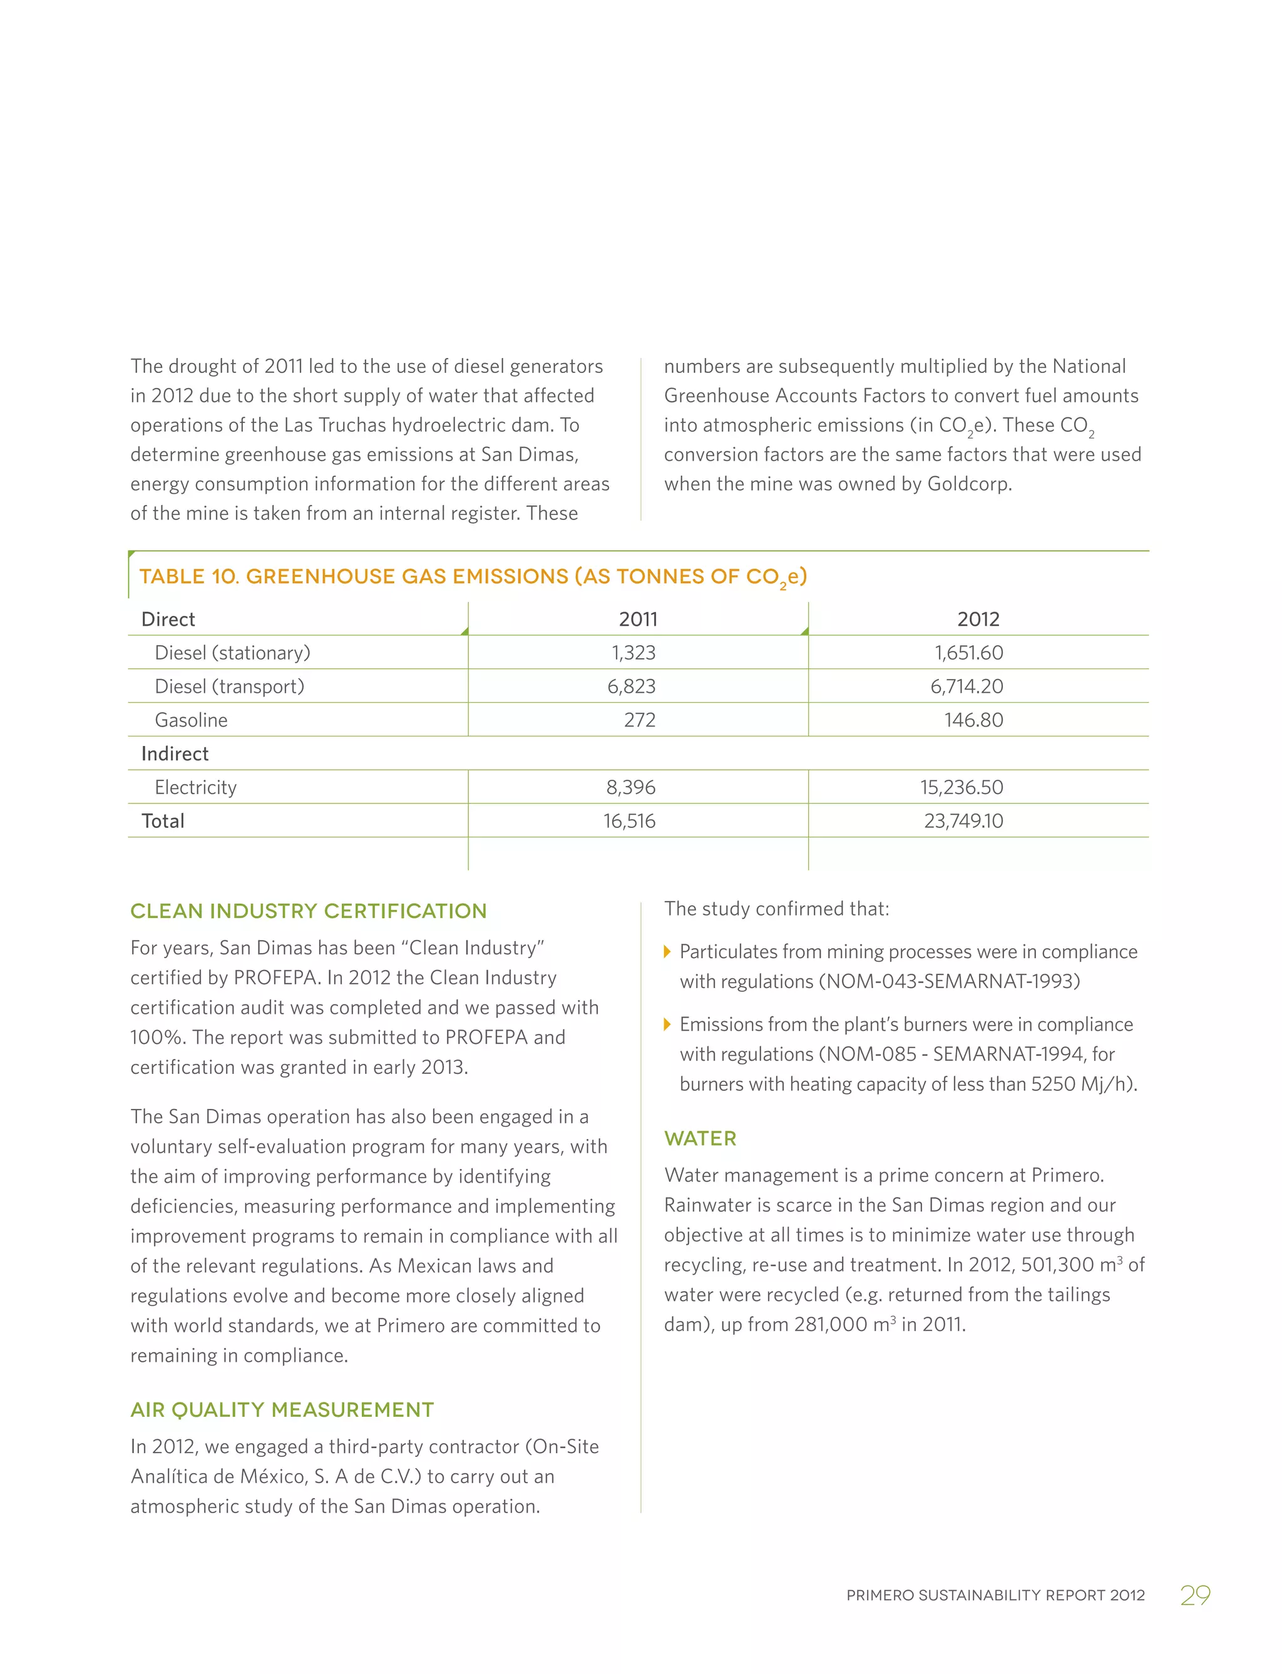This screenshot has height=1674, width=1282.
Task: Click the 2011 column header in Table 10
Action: pos(638,619)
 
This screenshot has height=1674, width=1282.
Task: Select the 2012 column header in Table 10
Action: pos(978,619)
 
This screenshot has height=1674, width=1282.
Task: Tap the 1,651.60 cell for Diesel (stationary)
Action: pos(968,652)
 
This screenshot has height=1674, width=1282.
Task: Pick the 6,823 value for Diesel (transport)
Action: pos(631,686)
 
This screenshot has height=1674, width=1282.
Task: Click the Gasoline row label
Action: pos(191,720)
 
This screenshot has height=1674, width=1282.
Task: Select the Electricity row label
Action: pos(195,787)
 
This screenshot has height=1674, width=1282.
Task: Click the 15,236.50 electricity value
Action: pos(961,787)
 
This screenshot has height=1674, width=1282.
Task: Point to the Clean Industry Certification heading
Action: pos(308,911)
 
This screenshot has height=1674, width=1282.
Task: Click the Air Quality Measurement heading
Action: pos(282,1409)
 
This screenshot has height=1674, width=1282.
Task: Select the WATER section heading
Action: pos(700,1138)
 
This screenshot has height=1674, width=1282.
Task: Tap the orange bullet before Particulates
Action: pos(668,951)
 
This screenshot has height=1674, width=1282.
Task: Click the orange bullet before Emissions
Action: pos(668,1024)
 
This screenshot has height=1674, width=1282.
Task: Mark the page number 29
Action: pos(1194,1595)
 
